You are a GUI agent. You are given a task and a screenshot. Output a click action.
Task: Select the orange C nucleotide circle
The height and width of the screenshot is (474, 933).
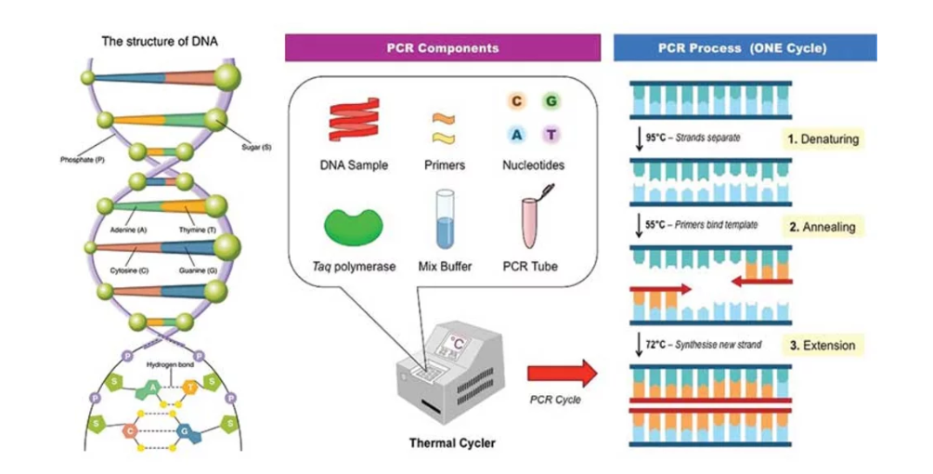[x=516, y=101]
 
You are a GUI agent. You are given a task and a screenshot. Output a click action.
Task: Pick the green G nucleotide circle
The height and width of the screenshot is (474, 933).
[x=551, y=101]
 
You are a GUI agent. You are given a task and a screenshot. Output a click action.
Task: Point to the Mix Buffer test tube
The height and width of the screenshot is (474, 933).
[x=443, y=220]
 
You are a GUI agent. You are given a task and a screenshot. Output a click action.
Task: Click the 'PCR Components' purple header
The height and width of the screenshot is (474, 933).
[x=442, y=48]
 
